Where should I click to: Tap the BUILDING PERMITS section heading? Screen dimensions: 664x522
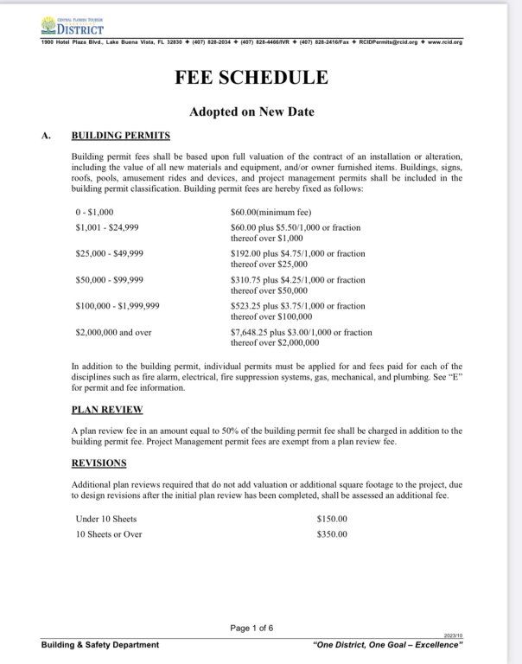point(120,136)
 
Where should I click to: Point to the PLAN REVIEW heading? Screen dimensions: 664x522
point(107,409)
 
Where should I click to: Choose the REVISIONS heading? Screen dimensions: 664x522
point(99,463)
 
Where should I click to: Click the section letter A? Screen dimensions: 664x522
point(46,136)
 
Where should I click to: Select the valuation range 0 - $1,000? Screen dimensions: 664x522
point(94,211)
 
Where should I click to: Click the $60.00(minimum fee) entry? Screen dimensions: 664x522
point(270,211)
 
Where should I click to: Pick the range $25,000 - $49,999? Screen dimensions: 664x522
point(111,253)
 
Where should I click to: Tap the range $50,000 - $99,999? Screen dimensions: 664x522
point(111,279)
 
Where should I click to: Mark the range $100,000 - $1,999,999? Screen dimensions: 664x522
point(118,305)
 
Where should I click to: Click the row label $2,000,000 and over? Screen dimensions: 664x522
point(113,331)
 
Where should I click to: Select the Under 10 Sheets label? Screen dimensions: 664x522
point(106,519)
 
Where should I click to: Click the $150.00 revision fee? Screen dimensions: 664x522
point(332,519)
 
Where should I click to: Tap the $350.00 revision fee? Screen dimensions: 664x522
point(332,534)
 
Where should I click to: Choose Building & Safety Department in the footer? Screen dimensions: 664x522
point(99,645)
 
